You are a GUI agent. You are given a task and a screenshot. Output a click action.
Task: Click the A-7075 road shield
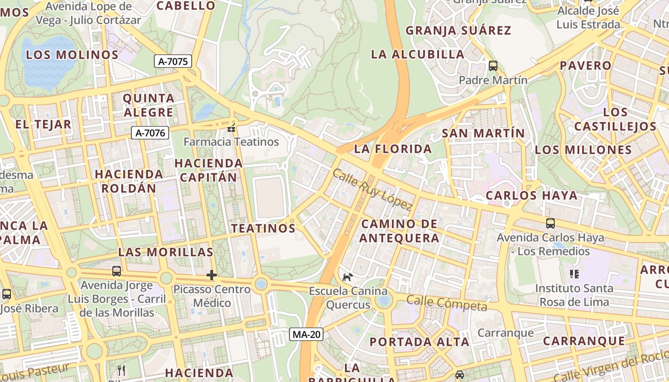coord(173,61)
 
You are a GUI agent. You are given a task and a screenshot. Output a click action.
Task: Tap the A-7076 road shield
coord(150,133)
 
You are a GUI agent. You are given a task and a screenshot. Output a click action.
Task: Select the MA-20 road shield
coord(306,334)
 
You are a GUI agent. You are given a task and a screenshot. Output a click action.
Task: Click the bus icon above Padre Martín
coord(493,66)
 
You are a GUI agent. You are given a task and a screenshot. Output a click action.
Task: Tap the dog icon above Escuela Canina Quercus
coord(348,277)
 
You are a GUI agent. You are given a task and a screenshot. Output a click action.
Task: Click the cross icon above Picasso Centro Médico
coord(212,275)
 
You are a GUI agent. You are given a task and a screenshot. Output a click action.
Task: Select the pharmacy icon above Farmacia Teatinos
coord(232,128)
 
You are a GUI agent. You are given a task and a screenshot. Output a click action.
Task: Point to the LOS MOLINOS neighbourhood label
coord(72,55)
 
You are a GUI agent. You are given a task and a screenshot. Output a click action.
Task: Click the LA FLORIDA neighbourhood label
coord(393,149)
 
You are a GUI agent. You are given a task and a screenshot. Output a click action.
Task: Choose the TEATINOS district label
coord(263,228)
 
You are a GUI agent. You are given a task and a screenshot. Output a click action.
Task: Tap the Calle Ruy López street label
coord(372,190)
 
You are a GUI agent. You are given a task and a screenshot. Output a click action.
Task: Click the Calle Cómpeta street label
coord(446,303)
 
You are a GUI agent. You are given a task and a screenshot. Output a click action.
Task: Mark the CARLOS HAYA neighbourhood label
coord(531,196)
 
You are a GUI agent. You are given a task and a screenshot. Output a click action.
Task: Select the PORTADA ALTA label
coord(419,342)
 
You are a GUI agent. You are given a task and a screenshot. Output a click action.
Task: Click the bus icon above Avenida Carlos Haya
coord(550,223)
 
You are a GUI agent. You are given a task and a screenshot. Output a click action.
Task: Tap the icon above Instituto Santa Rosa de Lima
coord(574,274)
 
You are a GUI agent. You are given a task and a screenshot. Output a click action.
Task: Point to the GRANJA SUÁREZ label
coord(458,31)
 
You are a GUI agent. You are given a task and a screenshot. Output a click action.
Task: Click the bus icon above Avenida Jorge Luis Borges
coord(117,271)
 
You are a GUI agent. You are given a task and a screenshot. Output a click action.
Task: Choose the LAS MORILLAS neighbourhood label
coord(165,252)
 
